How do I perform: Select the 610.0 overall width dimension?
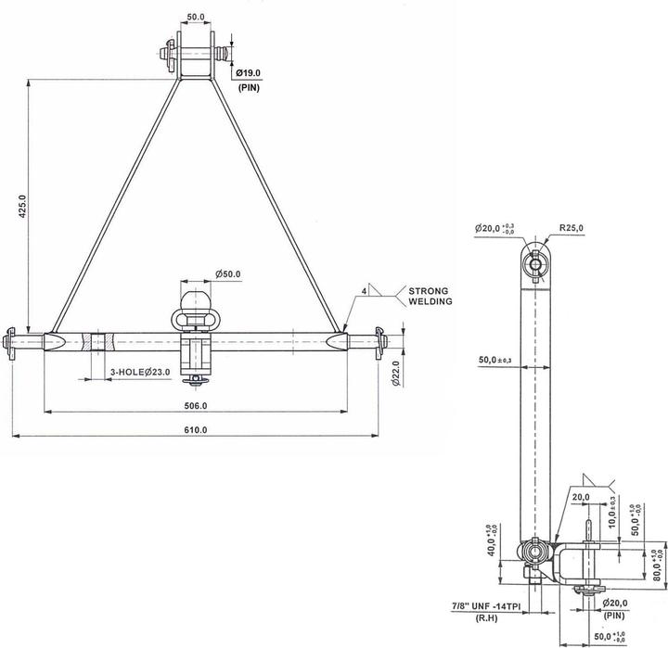point(197,429)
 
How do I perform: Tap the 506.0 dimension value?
point(197,405)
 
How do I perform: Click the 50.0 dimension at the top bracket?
point(196,17)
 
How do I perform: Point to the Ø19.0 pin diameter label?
point(249,71)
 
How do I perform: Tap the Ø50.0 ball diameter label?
point(228,274)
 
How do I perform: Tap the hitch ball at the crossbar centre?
point(196,299)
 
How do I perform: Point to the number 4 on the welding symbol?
point(366,291)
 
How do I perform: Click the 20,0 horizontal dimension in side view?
point(581,498)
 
